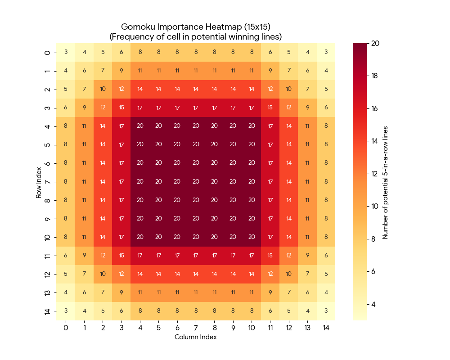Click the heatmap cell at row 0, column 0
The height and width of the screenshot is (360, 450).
pyautogui.click(x=66, y=52)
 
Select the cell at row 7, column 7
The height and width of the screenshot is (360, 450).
pyautogui.click(x=196, y=182)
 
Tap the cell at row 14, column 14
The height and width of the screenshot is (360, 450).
pyautogui.click(x=326, y=311)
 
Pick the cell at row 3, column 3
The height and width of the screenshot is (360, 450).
pyautogui.click(x=121, y=108)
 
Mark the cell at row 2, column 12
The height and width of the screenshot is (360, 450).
pyautogui.click(x=288, y=89)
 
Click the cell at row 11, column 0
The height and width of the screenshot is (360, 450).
pyautogui.click(x=66, y=256)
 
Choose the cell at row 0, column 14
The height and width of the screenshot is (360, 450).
pyautogui.click(x=326, y=52)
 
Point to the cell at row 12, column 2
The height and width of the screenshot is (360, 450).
pyautogui.click(x=103, y=274)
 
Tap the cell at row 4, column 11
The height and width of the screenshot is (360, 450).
pyautogui.click(x=270, y=126)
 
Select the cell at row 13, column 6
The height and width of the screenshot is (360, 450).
pyautogui.click(x=177, y=292)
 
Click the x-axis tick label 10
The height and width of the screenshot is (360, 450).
pyautogui.click(x=252, y=328)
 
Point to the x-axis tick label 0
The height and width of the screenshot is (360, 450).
pyautogui.click(x=66, y=328)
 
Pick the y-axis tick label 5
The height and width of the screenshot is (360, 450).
pyautogui.click(x=47, y=144)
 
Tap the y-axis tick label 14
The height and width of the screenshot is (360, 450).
pyautogui.click(x=47, y=311)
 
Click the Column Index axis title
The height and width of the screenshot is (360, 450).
pyautogui.click(x=196, y=337)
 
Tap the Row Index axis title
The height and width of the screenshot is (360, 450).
pyautogui.click(x=39, y=182)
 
